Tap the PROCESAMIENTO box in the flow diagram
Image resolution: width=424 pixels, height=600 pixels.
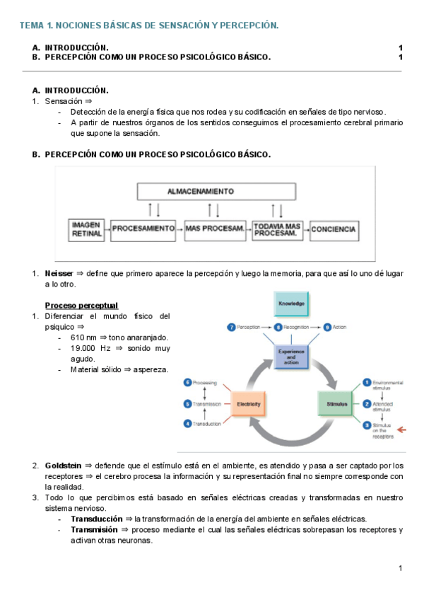pyautogui.click(x=143, y=229)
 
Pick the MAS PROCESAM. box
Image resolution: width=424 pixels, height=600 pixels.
pyautogui.click(x=215, y=229)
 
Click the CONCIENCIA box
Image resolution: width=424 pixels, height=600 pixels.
pyautogui.click(x=334, y=229)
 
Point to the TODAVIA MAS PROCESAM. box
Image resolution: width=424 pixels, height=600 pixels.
pyautogui.click(x=276, y=229)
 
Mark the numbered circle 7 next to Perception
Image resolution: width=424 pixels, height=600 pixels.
pyautogui.click(x=231, y=327)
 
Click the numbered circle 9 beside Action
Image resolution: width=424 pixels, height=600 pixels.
pyautogui.click(x=326, y=327)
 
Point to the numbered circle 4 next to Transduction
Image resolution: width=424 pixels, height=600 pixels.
pyautogui.click(x=188, y=424)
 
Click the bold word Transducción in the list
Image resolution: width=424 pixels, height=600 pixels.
pyautogui.click(x=97, y=519)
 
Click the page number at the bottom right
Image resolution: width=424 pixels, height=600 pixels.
pyautogui.click(x=400, y=568)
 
